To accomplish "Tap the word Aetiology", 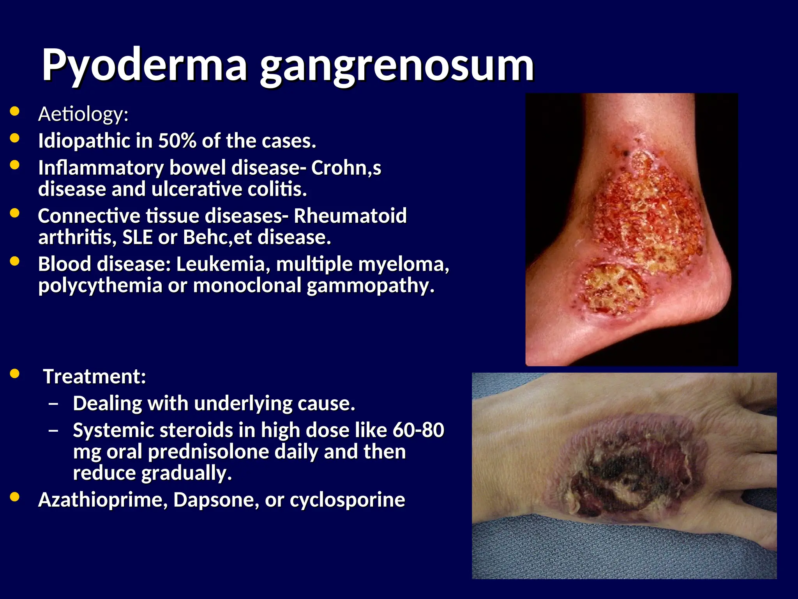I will point(83,114).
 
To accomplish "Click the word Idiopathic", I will point(84,141).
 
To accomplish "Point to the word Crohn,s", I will point(346,168).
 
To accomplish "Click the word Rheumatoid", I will point(350,216).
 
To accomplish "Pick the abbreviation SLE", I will point(137,237).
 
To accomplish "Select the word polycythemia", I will point(100,285).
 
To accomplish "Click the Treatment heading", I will point(94,377).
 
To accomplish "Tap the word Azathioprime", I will point(103,500).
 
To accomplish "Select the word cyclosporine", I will point(347,500).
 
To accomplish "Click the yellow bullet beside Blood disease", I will point(15,261).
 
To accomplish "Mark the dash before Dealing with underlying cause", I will point(53,404).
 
